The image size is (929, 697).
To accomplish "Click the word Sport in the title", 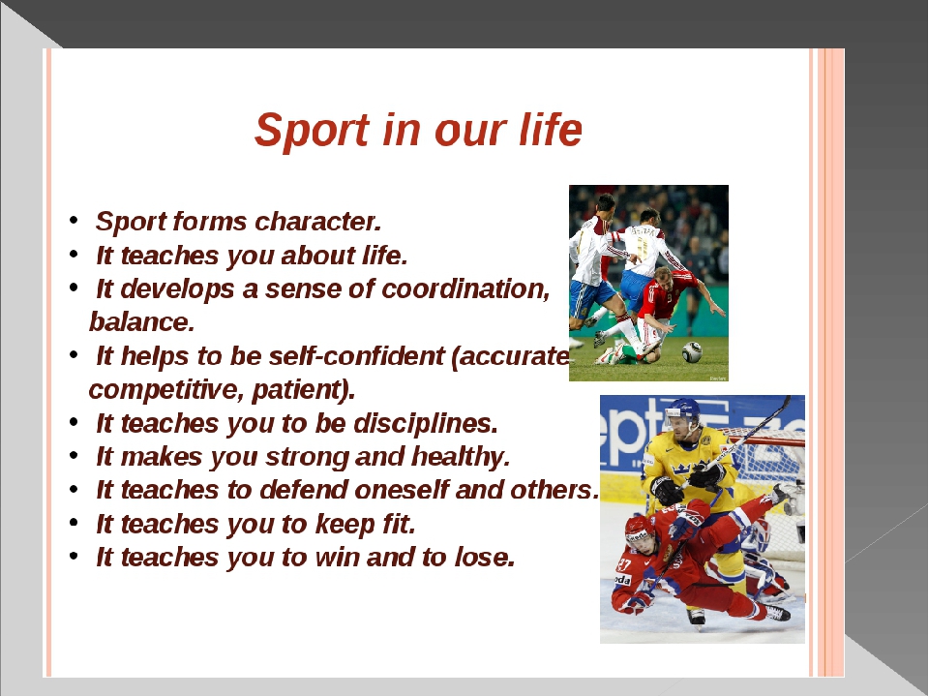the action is point(313,131).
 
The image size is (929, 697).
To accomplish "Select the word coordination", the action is point(465,289).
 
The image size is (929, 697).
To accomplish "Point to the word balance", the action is point(141,322).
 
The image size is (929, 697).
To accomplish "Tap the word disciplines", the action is point(426,424).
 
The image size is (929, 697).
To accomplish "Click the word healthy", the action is point(461,457).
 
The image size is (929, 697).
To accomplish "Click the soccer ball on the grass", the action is point(691,352).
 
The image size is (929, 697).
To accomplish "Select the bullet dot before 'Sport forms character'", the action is point(74,221).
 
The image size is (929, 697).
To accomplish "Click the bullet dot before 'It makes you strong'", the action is point(74,456).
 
